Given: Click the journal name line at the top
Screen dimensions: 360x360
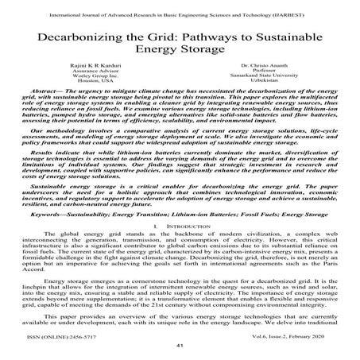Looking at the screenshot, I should [180, 7].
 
